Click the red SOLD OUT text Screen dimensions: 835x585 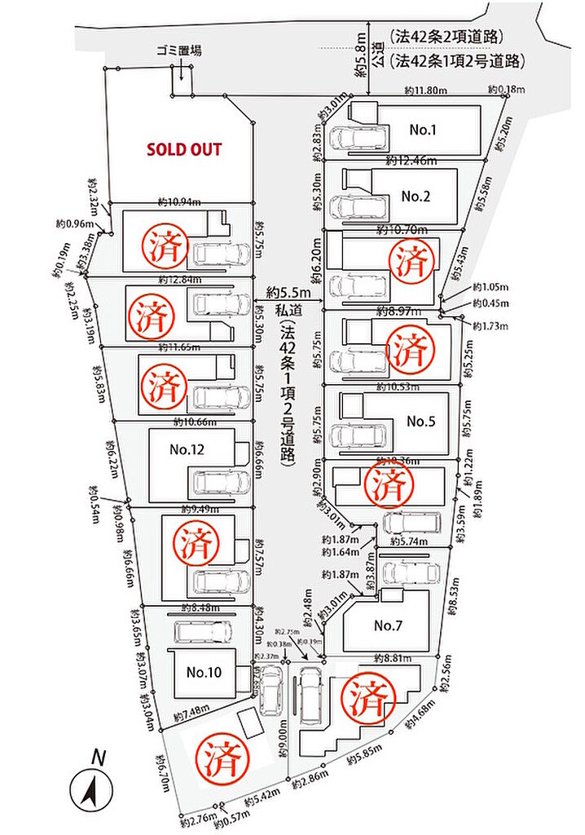point(184,150)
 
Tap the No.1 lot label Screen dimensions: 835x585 point(424,130)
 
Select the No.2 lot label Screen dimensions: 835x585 point(416,196)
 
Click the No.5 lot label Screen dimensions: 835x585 point(421,422)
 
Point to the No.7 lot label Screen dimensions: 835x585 point(389,626)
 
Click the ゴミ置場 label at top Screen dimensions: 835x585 point(179,51)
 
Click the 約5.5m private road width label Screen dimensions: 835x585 point(290,292)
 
